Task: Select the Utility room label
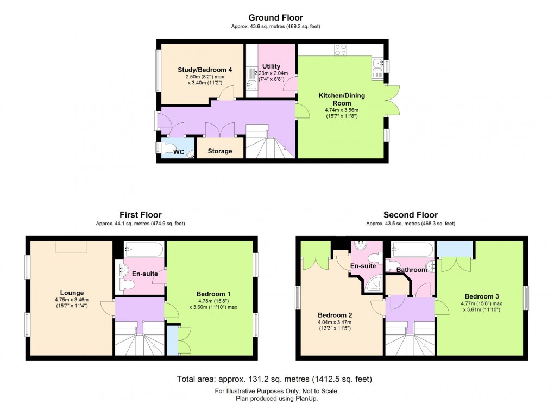tap(271, 66)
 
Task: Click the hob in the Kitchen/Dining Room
tap(341, 49)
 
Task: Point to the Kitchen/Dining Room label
tap(341, 99)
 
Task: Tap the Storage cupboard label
tap(219, 151)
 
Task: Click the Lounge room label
tap(69, 293)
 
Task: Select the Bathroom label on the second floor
tap(411, 270)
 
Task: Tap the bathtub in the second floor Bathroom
tap(413, 250)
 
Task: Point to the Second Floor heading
tap(410, 215)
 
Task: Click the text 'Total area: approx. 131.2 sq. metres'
tap(240, 379)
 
